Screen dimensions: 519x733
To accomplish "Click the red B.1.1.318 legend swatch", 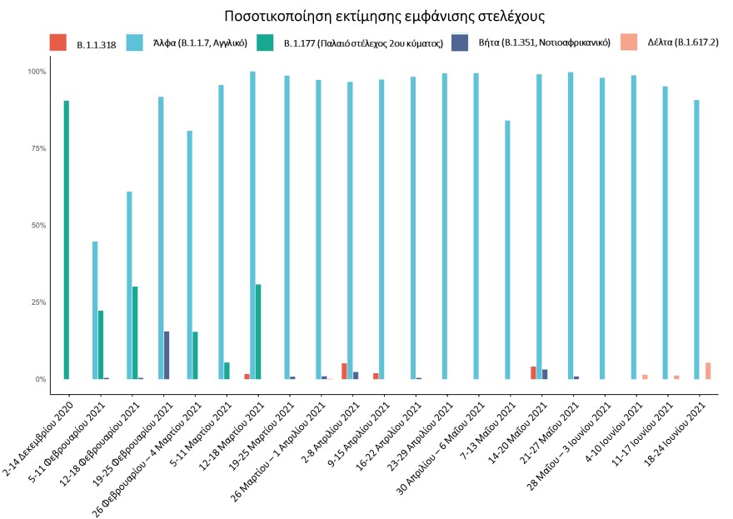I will pos(58,42).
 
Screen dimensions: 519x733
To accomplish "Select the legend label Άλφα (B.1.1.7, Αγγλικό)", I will pos(200,42).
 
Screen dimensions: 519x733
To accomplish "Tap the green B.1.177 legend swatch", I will pos(265,42).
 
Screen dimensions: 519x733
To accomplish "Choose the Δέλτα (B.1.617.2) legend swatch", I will pos(631,42).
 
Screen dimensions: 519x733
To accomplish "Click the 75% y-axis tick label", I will pos(37,148).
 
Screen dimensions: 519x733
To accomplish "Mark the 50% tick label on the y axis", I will pos(37,225).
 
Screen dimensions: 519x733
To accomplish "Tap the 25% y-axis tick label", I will pos(37,302).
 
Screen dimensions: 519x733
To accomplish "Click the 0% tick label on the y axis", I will pos(40,379).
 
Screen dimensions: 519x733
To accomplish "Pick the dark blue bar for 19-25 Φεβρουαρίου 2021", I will pos(167,355).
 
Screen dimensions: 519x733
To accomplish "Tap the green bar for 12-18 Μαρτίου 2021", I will pos(258,332).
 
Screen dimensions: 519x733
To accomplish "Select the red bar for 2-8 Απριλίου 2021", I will pos(344,371).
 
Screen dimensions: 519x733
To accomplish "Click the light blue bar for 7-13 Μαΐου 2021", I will pos(506,250).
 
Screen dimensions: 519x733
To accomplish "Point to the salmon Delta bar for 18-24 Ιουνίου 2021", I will pos(708,371).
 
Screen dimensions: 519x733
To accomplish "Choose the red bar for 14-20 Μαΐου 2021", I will pos(533,372).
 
